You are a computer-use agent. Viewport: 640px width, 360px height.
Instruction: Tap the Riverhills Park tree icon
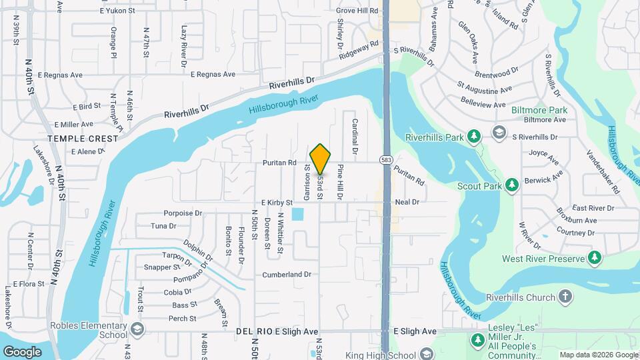click(x=474, y=137)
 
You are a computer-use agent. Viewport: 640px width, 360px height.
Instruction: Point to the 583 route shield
click(x=385, y=160)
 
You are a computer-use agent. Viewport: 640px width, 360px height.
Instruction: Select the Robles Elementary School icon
click(x=137, y=329)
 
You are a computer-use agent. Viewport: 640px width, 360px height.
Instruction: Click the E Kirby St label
click(x=277, y=202)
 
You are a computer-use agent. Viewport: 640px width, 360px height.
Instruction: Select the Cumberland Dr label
click(x=287, y=274)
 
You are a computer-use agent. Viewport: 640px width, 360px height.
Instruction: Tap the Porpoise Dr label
click(x=183, y=213)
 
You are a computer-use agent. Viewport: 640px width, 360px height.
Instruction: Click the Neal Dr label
click(x=407, y=201)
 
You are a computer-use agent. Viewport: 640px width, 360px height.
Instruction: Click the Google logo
click(x=22, y=351)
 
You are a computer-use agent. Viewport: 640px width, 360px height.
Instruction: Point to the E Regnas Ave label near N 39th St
click(x=62, y=75)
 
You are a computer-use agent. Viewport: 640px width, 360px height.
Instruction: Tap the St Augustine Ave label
click(x=484, y=87)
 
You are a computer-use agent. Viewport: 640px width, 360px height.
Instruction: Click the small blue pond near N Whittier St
click(x=297, y=214)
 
